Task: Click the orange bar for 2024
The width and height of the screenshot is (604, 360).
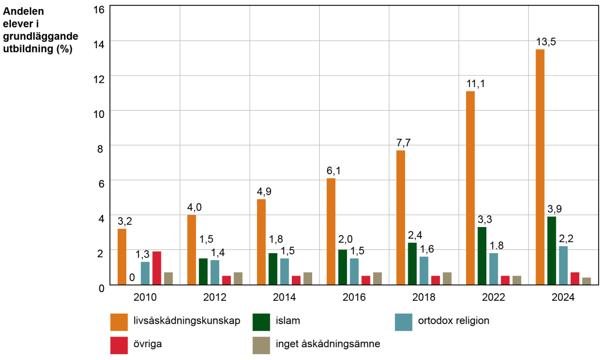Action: coord(540,167)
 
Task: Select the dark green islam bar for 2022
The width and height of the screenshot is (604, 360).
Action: coord(482,256)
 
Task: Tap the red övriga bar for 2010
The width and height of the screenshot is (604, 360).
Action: coord(157,268)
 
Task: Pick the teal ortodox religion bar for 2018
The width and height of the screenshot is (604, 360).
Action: coord(424,271)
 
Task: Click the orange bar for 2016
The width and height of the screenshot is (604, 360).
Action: coord(331,231)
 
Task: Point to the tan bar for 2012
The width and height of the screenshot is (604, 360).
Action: coord(238,278)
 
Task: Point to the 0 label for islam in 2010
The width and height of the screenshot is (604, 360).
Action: coord(131,277)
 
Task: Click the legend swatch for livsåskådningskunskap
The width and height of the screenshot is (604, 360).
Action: coord(119,322)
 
